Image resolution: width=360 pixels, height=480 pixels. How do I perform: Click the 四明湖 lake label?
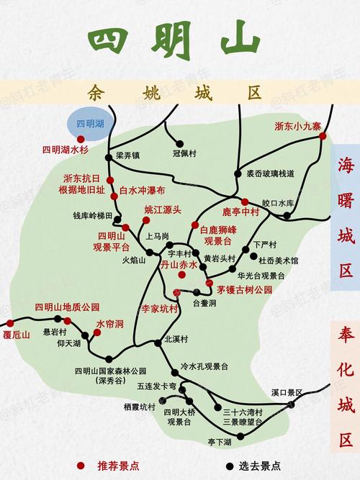click(91, 124)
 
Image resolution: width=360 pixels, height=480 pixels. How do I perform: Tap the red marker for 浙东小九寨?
click(323, 135)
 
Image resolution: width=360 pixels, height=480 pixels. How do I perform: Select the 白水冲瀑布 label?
click(142, 191)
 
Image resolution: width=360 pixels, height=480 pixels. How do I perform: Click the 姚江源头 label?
click(163, 210)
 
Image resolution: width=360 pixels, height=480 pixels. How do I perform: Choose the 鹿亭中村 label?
click(240, 212)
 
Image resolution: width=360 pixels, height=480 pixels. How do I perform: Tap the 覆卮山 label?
click(16, 335)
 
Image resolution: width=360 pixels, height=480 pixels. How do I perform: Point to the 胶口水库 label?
click(278, 203)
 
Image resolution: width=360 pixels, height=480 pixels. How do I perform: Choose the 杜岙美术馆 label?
click(279, 261)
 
